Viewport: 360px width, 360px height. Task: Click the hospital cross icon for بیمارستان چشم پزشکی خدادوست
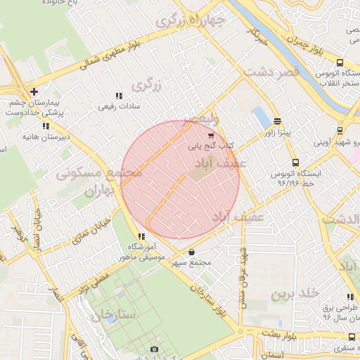tap(34, 91)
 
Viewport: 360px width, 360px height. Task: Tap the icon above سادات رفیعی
tap(119, 96)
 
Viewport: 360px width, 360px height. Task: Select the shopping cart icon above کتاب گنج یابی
tap(210, 136)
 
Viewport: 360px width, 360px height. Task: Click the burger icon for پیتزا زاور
tap(277, 120)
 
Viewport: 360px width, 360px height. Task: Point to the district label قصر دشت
tap(271, 72)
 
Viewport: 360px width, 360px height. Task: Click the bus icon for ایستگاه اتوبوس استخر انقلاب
tap(340, 63)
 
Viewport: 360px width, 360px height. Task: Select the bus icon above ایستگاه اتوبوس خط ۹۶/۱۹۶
tap(295, 162)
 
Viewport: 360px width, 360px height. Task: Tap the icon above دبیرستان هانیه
tap(46, 126)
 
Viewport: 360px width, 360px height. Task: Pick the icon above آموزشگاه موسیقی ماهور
tap(141, 236)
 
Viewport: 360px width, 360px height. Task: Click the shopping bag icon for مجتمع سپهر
tap(191, 252)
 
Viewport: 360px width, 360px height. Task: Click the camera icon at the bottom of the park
tap(154, 349)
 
